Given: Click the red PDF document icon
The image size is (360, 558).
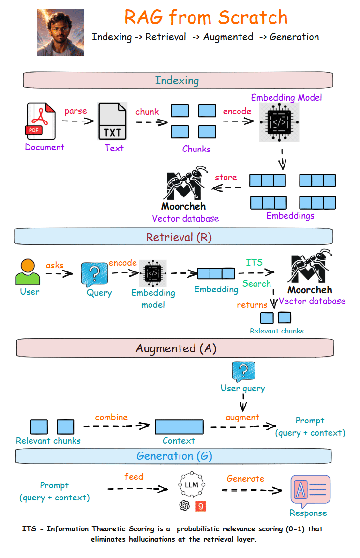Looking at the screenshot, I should pyautogui.click(x=41, y=121).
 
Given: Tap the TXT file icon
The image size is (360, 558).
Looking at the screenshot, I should pyautogui.click(x=113, y=121).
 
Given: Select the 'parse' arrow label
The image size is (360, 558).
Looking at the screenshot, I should pyautogui.click(x=75, y=111).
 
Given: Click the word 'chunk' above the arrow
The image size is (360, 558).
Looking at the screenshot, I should pyautogui.click(x=147, y=112).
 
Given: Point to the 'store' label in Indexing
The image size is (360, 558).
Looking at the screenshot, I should pyautogui.click(x=225, y=177).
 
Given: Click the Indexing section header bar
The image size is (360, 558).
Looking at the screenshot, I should pyautogui.click(x=177, y=80).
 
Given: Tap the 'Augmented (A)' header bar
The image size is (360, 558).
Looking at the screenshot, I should pyautogui.click(x=175, y=348).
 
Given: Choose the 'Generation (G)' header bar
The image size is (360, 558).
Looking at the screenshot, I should pyautogui.click(x=174, y=456).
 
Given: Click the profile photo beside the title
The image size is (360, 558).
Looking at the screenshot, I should pyautogui.click(x=60, y=32).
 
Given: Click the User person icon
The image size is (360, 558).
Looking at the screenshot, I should pyautogui.click(x=28, y=272).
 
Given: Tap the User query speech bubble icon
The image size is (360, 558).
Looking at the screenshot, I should pyautogui.click(x=243, y=371).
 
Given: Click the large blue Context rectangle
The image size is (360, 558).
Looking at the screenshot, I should pyautogui.click(x=179, y=427).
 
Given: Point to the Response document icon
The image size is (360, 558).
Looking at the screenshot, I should pyautogui.click(x=310, y=491).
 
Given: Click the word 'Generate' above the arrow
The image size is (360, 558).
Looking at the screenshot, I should pyautogui.click(x=245, y=479).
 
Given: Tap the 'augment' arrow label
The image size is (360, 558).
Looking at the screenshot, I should pyautogui.click(x=242, y=417).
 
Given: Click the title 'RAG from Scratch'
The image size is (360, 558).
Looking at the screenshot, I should pyautogui.click(x=206, y=17).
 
